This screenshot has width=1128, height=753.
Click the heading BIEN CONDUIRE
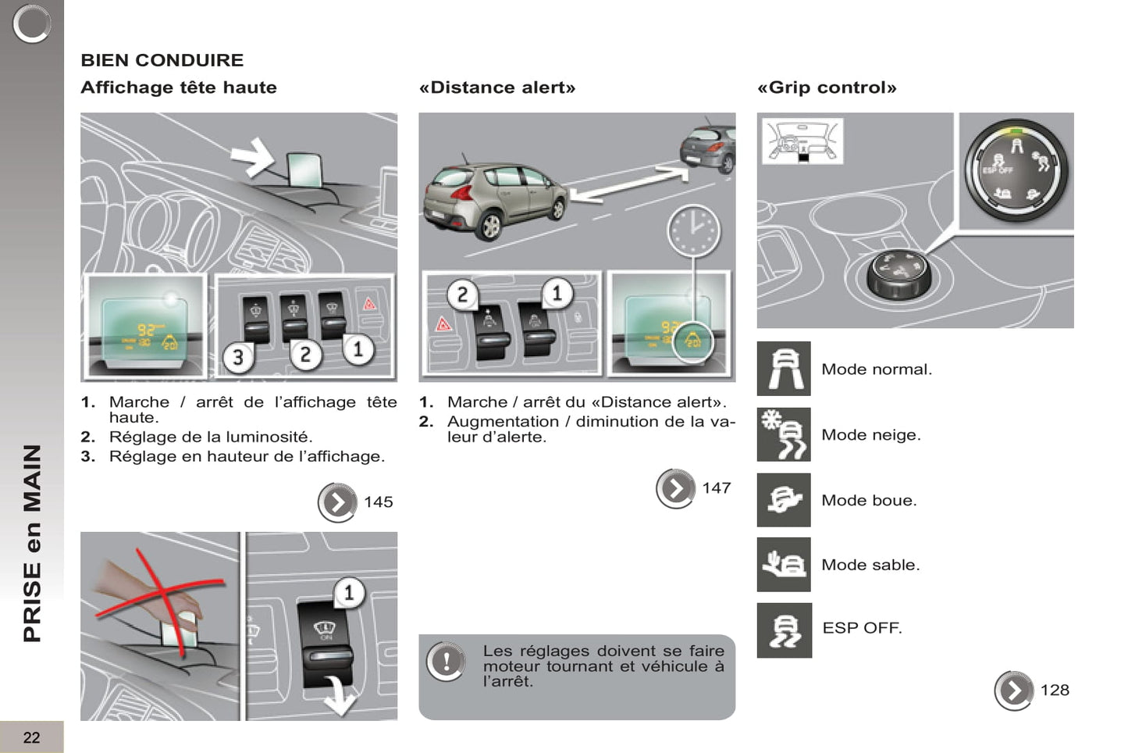click(162, 60)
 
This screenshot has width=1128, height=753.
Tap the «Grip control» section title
click(827, 87)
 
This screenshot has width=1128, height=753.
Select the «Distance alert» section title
click(497, 87)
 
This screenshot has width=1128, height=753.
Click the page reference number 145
click(379, 502)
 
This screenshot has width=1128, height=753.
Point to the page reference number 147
click(717, 488)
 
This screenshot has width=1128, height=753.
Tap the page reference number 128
click(1055, 691)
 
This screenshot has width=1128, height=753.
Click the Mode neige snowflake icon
click(784, 434)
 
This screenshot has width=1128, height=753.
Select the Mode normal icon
click(784, 369)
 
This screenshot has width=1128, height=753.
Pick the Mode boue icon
click(784, 500)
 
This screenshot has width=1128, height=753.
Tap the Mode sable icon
click(784, 564)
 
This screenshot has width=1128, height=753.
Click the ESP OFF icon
click(784, 630)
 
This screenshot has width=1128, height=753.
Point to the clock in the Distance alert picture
click(693, 230)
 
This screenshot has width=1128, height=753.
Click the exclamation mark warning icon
click(446, 661)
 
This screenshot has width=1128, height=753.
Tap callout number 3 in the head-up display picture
click(238, 358)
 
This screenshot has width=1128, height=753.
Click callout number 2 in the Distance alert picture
click(462, 294)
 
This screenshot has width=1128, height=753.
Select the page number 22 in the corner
click(31, 737)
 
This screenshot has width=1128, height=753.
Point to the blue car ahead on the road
click(708, 148)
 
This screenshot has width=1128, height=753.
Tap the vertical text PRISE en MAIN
click(32, 544)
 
